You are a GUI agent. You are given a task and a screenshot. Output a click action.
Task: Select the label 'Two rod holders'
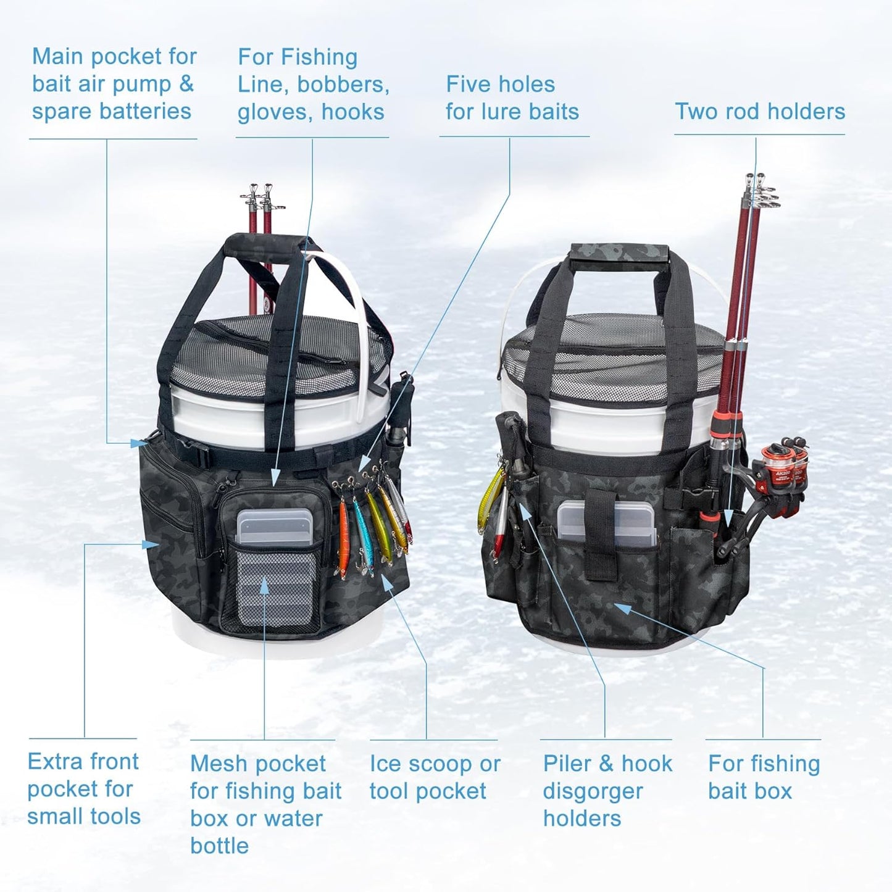(760, 112)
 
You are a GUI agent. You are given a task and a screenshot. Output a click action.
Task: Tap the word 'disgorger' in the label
(593, 791)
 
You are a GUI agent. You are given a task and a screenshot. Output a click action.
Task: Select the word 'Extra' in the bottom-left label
(55, 761)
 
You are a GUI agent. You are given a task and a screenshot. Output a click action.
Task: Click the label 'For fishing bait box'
(764, 777)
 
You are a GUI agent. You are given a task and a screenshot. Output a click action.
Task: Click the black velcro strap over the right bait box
(600, 534)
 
